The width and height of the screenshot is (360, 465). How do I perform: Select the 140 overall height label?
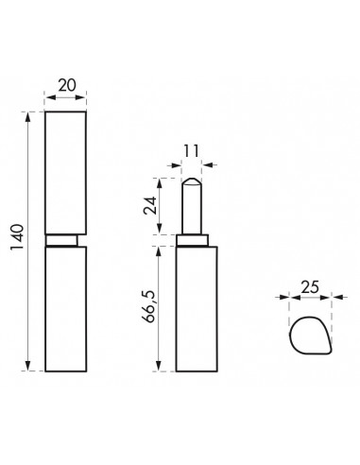17,241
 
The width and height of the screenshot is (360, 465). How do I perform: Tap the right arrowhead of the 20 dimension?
83,95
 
